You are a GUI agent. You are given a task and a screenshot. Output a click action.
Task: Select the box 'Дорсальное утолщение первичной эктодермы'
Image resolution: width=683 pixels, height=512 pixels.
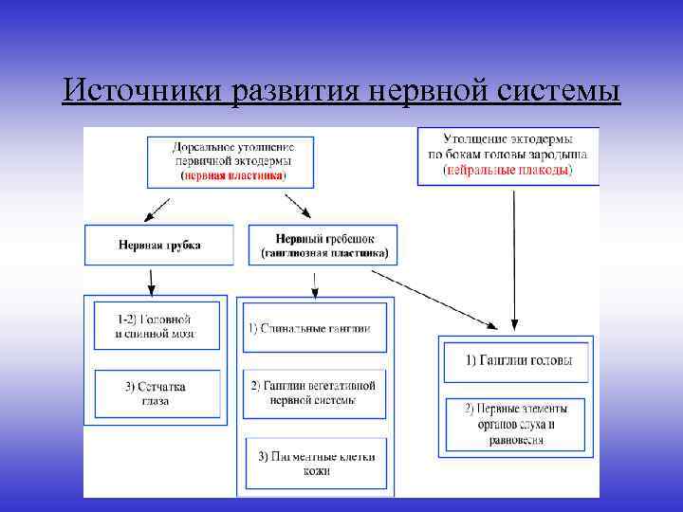point(232,161)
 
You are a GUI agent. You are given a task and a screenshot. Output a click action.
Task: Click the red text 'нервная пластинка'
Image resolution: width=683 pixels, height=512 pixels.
point(233,175)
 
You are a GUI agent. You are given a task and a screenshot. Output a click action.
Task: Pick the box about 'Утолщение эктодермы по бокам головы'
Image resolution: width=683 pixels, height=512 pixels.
point(508,154)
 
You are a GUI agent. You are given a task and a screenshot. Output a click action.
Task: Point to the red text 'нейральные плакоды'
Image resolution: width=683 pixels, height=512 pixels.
point(508,170)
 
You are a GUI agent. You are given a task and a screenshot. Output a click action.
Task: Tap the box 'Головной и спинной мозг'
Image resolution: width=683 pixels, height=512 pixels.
point(157,326)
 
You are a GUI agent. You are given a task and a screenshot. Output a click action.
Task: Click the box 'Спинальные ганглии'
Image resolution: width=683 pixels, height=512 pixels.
point(315,328)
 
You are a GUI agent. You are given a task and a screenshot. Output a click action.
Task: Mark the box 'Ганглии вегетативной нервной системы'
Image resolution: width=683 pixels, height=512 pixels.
point(315,393)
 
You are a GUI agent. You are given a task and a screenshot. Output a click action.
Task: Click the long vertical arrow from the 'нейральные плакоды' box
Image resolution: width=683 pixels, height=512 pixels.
point(513,256)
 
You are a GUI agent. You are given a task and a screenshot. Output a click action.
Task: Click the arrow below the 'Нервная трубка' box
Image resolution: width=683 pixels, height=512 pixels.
point(151,280)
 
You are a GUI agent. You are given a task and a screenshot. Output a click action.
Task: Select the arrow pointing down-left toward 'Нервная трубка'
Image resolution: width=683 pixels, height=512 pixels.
point(160,208)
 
